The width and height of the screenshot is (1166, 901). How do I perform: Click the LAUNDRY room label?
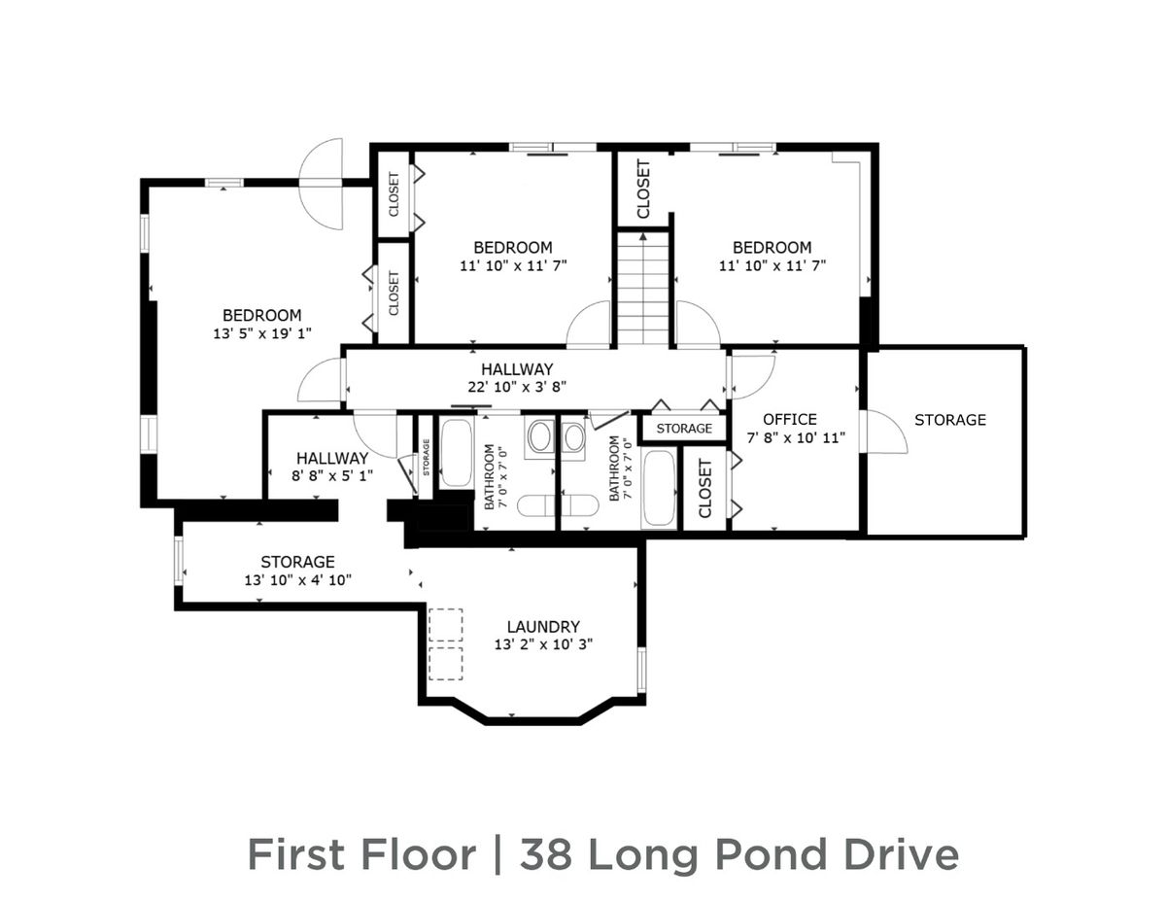[x=542, y=627]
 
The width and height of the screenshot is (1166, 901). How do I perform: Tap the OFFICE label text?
[x=789, y=419]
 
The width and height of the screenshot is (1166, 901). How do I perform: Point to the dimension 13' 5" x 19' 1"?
[x=261, y=333]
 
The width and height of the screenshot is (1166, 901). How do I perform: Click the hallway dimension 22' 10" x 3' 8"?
[x=517, y=387]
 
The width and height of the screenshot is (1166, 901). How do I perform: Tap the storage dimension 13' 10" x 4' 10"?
[x=297, y=579]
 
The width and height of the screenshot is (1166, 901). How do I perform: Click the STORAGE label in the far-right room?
[x=949, y=420]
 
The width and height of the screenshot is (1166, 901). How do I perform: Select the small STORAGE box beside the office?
[x=684, y=429]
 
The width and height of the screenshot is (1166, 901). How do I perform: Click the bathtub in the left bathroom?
[x=455, y=453]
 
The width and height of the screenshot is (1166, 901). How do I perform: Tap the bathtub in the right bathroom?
[x=660, y=488]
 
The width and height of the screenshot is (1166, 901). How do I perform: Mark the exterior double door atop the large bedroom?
[x=322, y=184]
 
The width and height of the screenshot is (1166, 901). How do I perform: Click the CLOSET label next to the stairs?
[x=643, y=189]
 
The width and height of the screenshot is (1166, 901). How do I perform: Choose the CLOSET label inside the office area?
[x=705, y=488]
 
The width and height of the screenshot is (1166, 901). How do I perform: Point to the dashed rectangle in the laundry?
[x=446, y=643]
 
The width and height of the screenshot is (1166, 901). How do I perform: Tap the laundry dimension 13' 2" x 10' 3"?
[x=542, y=644]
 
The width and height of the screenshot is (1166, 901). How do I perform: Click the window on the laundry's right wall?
[x=640, y=670]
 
